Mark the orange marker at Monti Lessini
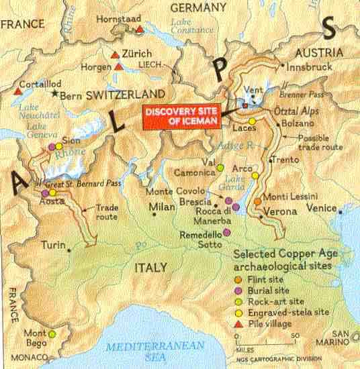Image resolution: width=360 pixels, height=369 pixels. point(258,201)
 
